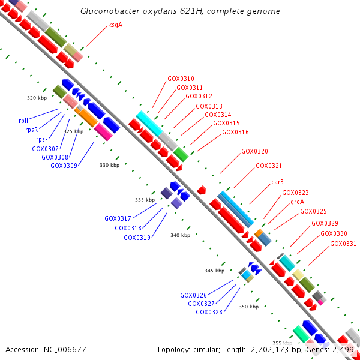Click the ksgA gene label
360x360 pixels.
115,25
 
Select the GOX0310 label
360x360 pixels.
181,79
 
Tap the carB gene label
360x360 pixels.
277,182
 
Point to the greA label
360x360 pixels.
297,202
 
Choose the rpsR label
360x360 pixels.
32,130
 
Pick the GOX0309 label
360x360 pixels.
64,166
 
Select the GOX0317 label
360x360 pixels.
118,218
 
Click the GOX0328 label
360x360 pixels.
209,312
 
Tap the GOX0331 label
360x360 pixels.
343,244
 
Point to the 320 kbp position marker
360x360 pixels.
37,98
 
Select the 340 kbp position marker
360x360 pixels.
180,235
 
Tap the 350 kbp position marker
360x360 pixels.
248,307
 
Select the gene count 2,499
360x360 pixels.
343,349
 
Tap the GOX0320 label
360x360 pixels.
254,151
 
